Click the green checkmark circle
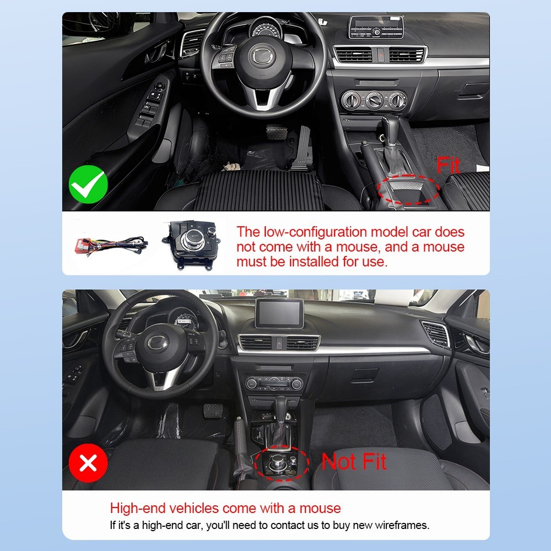[x=88, y=185]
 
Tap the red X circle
[x=88, y=463]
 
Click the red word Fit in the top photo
[x=448, y=165]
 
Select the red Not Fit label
[x=354, y=461]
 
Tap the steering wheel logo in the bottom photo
[x=156, y=343]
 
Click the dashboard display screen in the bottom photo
[x=279, y=313]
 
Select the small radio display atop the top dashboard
[x=376, y=27]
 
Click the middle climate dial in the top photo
[x=375, y=100]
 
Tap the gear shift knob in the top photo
[x=390, y=129]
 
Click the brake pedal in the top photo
[x=276, y=132]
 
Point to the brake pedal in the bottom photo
[x=213, y=410]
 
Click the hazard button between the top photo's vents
[x=381, y=55]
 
